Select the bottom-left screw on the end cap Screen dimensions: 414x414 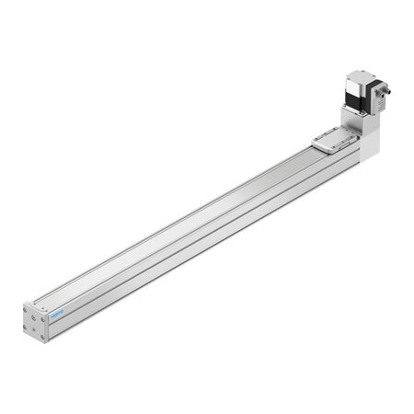[29, 327]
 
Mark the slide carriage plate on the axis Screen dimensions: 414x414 [333, 140]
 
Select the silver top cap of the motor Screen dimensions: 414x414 [359, 78]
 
